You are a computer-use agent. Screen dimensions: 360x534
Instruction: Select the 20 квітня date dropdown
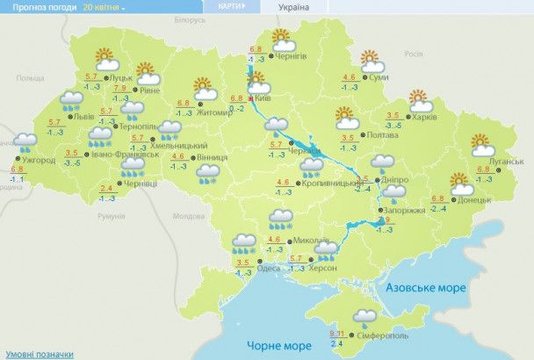coord(104,6)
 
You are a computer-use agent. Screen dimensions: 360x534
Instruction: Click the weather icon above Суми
coord(372,61)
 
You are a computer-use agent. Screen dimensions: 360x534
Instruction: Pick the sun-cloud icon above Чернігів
coord(281,40)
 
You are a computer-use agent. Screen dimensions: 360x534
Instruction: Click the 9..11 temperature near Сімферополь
coord(337,333)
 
